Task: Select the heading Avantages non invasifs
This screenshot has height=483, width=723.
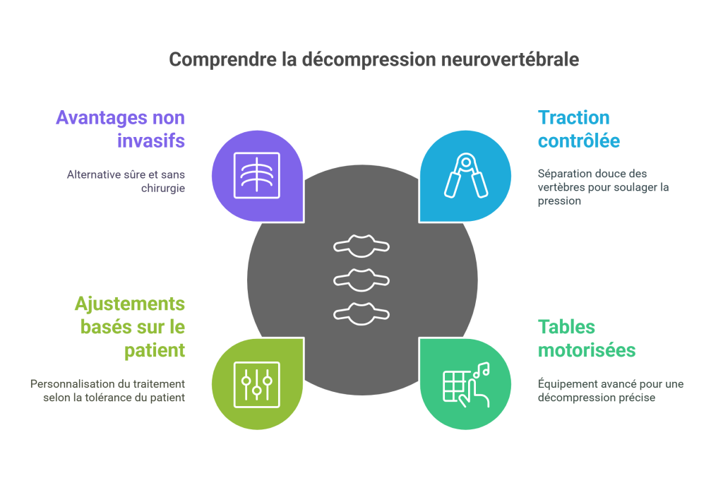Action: (120, 129)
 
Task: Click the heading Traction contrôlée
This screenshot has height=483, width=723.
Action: (578, 129)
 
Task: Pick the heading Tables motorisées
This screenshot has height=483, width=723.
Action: (586, 338)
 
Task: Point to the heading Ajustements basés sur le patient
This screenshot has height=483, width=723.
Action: (130, 327)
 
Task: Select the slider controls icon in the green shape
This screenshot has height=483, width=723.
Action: (256, 384)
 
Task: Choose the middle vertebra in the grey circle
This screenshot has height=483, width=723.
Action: (361, 278)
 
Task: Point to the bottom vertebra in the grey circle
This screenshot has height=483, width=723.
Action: (361, 311)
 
